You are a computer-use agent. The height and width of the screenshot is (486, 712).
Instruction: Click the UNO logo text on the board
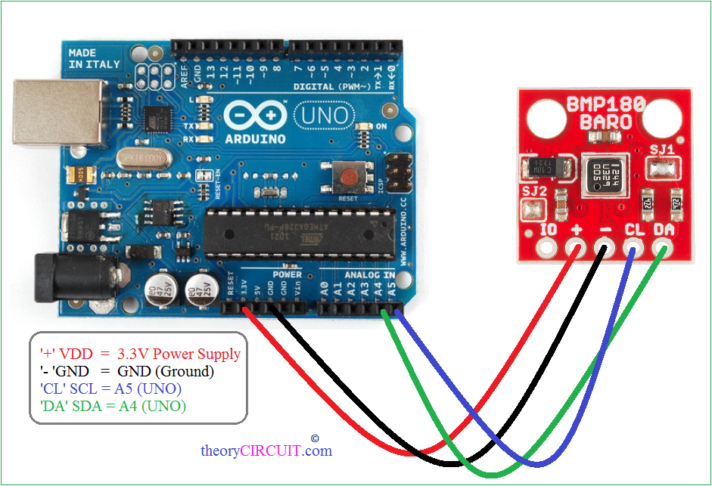[x=323, y=116]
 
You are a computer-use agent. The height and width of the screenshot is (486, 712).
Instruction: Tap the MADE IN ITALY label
[x=94, y=59]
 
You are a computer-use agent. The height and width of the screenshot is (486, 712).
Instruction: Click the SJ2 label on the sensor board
[x=533, y=191]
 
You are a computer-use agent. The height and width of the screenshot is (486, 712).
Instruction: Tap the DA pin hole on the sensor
[x=664, y=247]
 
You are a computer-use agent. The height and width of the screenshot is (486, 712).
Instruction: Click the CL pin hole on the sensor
[x=633, y=247]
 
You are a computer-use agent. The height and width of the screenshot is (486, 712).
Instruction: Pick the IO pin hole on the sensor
[x=545, y=247]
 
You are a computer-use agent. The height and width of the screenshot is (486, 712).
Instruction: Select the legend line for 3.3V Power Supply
[x=140, y=354]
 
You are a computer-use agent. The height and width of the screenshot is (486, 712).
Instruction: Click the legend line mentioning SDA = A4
[x=113, y=406]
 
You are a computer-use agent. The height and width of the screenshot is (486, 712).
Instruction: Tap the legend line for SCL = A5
[x=110, y=388]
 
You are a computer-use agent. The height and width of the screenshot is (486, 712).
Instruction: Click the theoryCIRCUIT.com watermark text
[x=266, y=451]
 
